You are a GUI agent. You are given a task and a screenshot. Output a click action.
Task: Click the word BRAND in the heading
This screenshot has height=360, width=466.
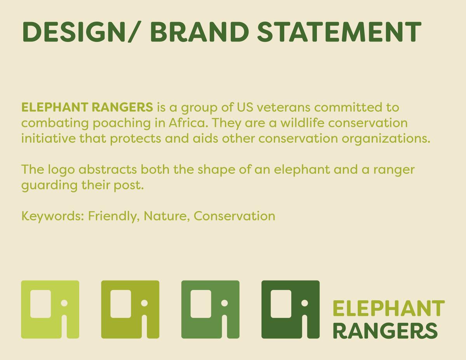click(200, 32)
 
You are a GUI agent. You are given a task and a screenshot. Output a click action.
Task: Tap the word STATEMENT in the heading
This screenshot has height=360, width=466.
click(339, 32)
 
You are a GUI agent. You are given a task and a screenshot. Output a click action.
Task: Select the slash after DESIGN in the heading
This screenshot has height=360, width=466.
click(134, 32)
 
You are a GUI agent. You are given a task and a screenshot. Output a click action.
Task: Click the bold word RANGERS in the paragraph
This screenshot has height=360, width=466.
click(122, 107)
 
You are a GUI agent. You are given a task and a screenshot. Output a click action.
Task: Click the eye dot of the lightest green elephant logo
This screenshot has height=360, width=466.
click(64, 303)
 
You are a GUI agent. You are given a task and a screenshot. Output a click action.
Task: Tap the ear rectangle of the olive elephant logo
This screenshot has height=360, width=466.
click(121, 304)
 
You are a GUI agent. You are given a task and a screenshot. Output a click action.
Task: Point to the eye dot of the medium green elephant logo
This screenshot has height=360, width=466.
click(224, 303)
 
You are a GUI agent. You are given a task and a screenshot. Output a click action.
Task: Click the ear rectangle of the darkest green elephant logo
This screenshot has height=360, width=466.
click(281, 304)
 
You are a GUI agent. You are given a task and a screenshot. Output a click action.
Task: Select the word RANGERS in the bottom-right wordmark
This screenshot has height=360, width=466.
click(385, 331)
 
